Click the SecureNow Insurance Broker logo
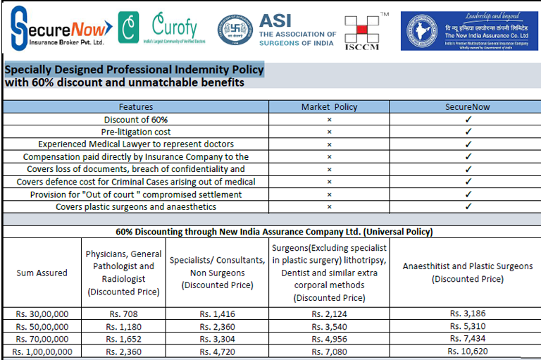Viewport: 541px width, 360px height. click(x=60, y=29)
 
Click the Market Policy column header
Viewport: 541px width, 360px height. click(x=329, y=107)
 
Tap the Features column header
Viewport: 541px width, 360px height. click(x=136, y=107)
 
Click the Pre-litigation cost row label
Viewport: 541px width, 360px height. click(x=136, y=132)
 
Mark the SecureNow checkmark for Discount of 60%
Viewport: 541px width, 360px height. click(x=468, y=120)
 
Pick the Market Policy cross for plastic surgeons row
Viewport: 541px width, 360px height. click(x=329, y=207)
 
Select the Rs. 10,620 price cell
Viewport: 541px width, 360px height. click(x=468, y=351)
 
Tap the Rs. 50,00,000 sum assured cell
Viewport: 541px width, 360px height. click(x=42, y=327)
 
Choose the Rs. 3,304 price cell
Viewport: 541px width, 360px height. click(x=217, y=339)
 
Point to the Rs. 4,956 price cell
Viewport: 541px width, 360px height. click(x=330, y=339)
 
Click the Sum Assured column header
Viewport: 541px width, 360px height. click(x=42, y=273)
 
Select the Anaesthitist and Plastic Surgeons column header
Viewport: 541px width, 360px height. click(x=468, y=273)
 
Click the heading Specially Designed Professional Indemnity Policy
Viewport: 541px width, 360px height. click(x=134, y=70)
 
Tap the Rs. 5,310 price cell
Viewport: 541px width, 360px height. click(x=468, y=327)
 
